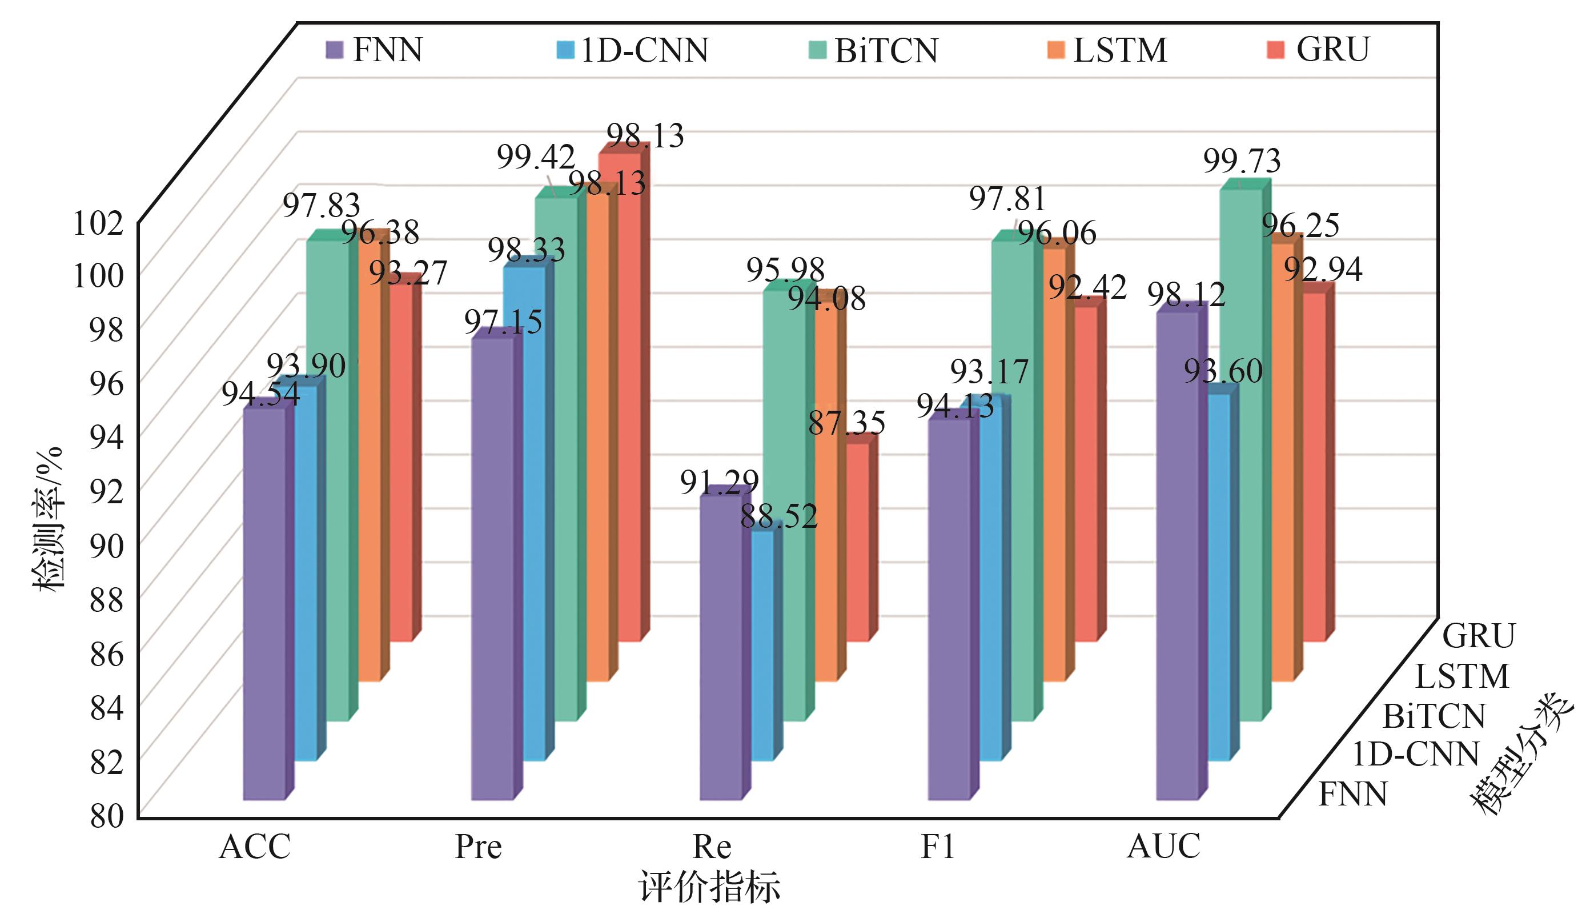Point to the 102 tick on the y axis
coord(99,223)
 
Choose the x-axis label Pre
coord(479,847)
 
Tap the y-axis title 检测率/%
coord(49,519)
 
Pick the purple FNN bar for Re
coord(721,648)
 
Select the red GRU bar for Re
coord(857,542)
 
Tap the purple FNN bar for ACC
coord(264,604)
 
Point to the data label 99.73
coord(1242,161)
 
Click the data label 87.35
coord(846,423)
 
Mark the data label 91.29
coord(718,482)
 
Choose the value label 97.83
coord(321,205)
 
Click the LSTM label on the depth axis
coord(1461,678)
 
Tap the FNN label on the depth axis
coord(1352,795)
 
